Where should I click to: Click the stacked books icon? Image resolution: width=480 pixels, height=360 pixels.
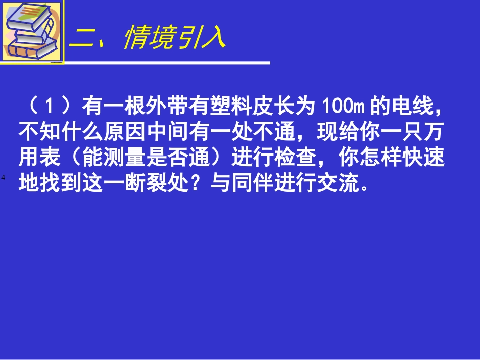point(31,31)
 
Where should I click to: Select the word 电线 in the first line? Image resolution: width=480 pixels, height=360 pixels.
point(410,107)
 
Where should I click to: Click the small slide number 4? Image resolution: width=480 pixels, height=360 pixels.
point(3,178)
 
